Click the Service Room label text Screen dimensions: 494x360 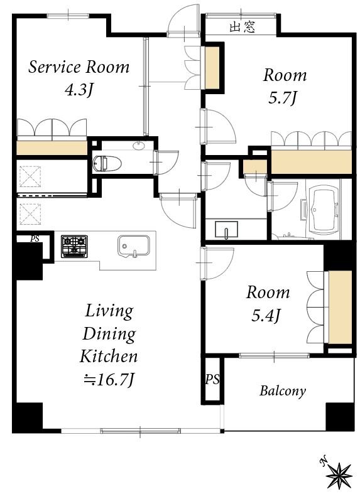[x=79, y=67]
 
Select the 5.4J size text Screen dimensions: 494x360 [x=268, y=314]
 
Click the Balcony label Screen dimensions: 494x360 [x=283, y=392]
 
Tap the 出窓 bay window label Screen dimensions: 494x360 [x=241, y=27]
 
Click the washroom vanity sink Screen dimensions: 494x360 [x=225, y=230]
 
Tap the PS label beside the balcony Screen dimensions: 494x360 [x=211, y=379]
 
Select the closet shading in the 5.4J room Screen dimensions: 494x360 [x=340, y=307]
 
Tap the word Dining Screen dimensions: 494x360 [x=109, y=333]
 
